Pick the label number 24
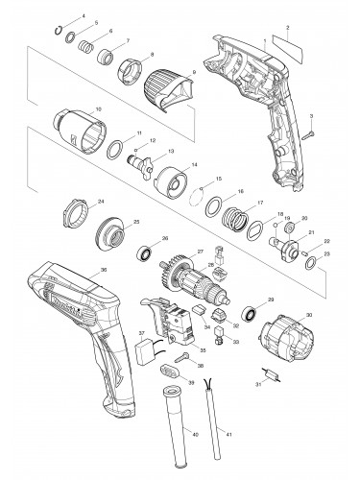pyautogui.click(x=74, y=201)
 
